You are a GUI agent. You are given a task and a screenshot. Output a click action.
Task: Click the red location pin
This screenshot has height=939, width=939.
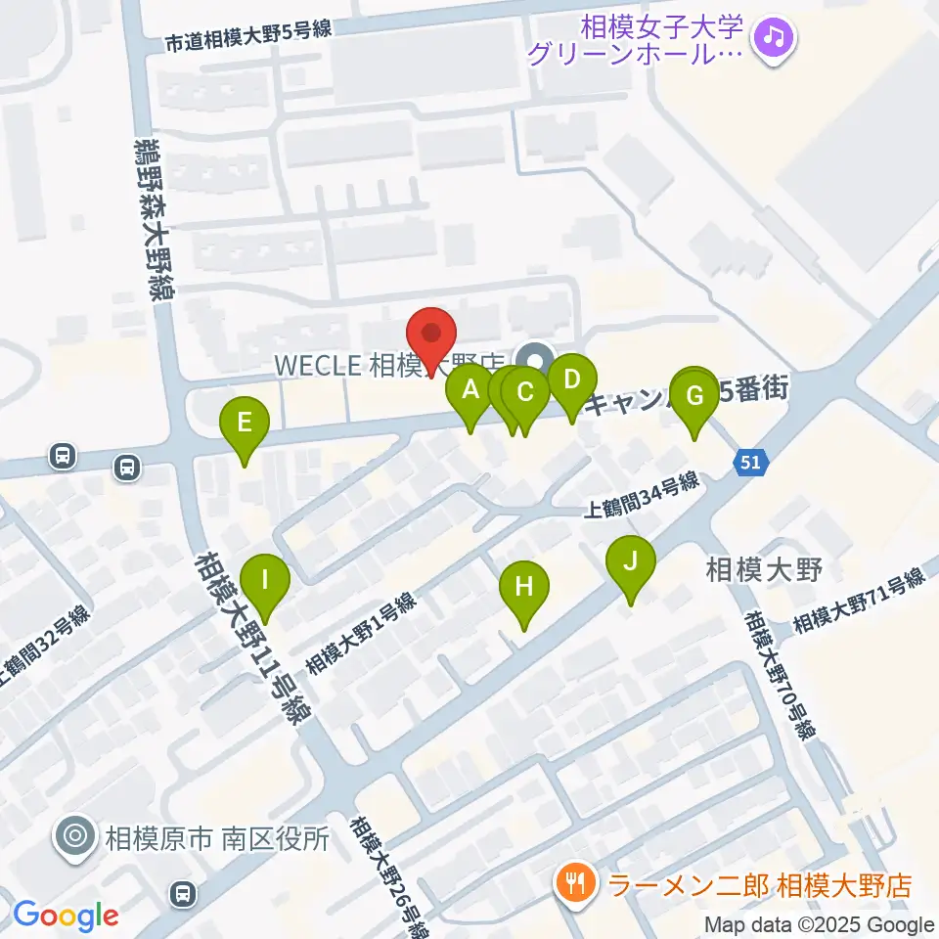point(431,335)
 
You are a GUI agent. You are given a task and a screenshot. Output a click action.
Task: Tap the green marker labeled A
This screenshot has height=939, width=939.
point(470,392)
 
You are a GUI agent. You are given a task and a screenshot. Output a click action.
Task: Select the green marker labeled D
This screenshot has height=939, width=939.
point(572,379)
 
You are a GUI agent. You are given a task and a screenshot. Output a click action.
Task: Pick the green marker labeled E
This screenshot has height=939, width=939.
point(245,424)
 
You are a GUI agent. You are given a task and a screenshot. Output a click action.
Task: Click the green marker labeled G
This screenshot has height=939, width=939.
point(694,397)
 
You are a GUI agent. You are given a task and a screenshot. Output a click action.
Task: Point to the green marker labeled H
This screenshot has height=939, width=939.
point(524,588)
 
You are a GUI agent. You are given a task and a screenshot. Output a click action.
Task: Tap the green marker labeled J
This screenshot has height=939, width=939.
point(631,562)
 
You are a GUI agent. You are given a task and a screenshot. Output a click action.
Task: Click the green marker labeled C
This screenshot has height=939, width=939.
point(525,394)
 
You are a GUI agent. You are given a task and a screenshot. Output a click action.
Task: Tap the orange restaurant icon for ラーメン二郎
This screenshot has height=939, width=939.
point(571,886)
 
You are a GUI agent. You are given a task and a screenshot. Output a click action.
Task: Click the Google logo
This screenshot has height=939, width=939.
point(67,916)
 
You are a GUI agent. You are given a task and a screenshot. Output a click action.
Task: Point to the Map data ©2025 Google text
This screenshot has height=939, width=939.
point(820,924)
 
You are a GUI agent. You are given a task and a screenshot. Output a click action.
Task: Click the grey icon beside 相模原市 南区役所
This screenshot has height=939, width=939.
point(75,837)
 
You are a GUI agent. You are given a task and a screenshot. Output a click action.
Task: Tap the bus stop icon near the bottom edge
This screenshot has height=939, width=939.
point(182,892)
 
